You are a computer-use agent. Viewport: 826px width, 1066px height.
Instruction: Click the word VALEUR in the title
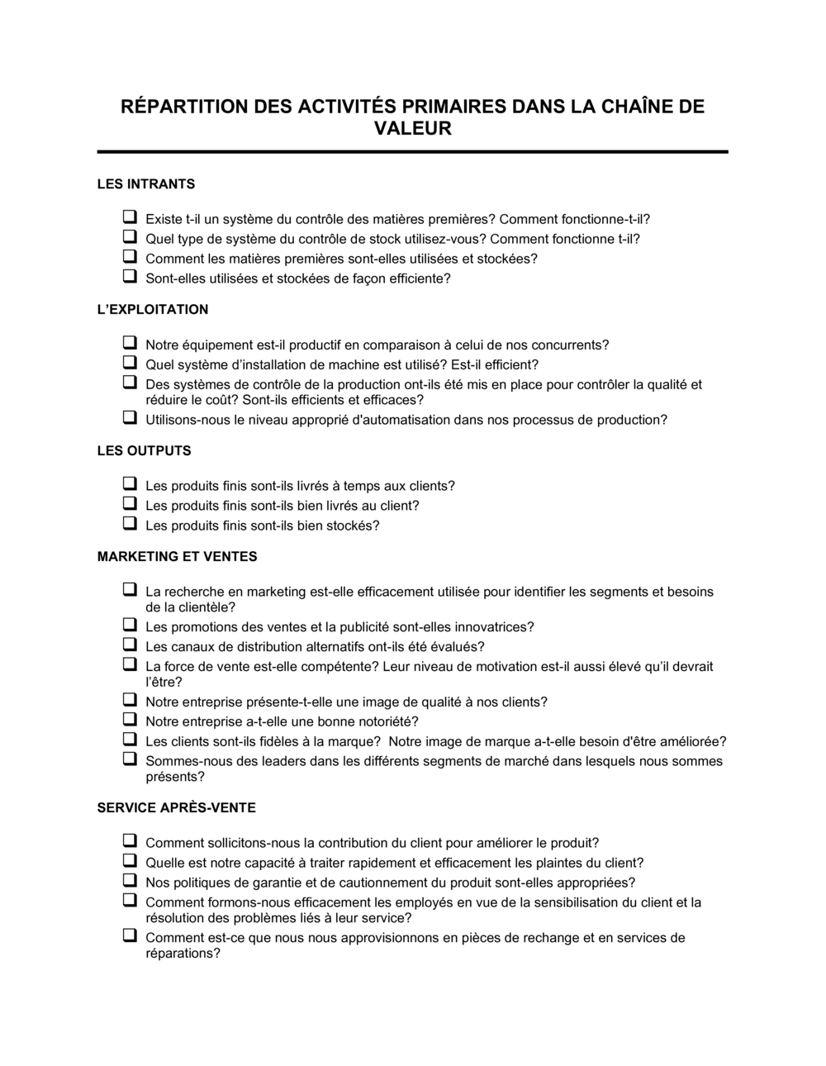(413, 129)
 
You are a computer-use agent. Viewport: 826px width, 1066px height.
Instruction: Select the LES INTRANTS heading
(146, 183)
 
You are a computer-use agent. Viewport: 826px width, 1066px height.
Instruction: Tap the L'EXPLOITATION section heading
(153, 309)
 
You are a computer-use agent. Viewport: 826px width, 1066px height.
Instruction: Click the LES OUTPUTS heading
(144, 450)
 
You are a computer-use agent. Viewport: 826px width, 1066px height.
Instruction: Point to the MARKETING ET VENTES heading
(177, 556)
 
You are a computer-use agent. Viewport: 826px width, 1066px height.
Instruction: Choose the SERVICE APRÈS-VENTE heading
(176, 807)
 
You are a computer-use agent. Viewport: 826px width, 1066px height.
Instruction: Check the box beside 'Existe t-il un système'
(130, 217)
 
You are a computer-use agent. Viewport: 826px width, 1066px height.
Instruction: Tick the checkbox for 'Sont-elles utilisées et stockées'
(130, 277)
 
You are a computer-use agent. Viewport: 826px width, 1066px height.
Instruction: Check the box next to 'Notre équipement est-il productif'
(130, 343)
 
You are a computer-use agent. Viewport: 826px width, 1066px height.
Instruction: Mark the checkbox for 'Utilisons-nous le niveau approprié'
(130, 418)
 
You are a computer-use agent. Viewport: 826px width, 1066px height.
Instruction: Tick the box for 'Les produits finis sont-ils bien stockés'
(130, 524)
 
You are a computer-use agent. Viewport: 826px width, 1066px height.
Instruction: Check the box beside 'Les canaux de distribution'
(130, 645)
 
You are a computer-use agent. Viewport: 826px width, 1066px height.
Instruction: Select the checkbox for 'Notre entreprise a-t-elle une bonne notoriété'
(130, 720)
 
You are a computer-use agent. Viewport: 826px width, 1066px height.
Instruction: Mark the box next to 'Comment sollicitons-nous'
(130, 841)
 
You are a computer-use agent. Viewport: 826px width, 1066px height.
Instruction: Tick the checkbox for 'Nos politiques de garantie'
(130, 881)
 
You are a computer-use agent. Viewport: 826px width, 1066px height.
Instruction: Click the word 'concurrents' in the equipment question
(569, 345)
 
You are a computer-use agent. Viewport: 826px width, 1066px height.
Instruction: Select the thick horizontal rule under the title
(413, 152)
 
